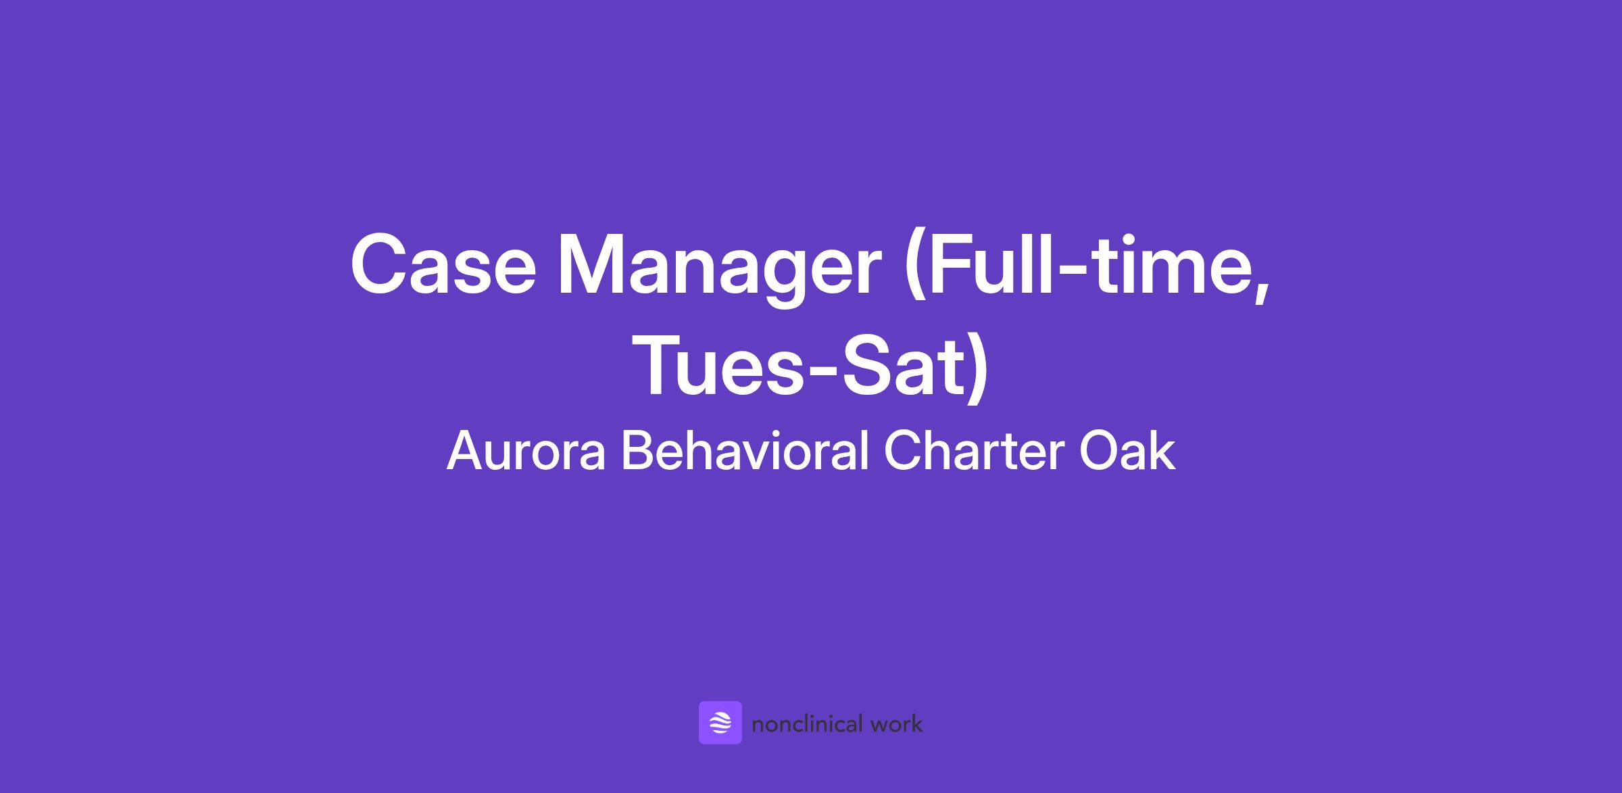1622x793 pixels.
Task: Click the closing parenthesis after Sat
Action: [977, 372]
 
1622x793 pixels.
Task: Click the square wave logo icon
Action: [720, 723]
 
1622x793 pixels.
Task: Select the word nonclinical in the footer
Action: [808, 724]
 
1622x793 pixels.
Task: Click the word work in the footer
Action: [897, 724]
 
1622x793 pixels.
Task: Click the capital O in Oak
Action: [1100, 452]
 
